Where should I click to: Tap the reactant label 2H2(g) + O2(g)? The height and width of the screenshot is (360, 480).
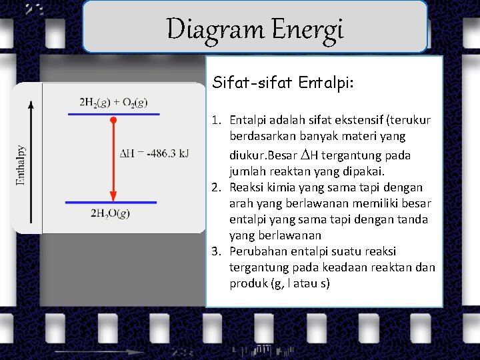pyautogui.click(x=113, y=102)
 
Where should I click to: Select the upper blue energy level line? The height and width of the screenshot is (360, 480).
pyautogui.click(x=113, y=115)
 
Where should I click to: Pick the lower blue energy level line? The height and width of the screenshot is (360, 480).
pyautogui.click(x=111, y=201)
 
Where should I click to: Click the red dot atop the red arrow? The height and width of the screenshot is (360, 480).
pyautogui.click(x=113, y=121)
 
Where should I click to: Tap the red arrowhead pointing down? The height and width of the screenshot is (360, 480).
pyautogui.click(x=113, y=195)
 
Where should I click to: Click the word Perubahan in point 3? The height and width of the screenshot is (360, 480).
pyautogui.click(x=256, y=251)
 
